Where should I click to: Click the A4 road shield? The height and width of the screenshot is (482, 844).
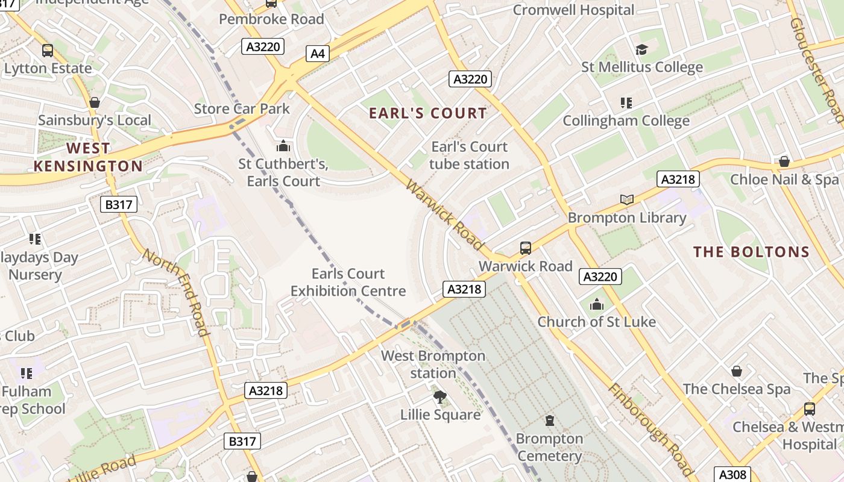[x=318, y=54]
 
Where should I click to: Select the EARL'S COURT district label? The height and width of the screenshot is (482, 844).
[x=427, y=113]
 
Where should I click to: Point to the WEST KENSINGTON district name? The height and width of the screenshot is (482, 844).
[x=88, y=157]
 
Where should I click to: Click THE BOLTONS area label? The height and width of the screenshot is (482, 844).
[x=751, y=252]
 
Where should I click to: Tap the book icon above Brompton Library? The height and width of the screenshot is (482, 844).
[x=627, y=199]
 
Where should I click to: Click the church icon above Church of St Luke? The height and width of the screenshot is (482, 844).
[x=597, y=304]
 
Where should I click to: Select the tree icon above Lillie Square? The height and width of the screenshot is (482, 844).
[x=440, y=396]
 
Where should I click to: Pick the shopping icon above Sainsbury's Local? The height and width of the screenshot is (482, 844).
[x=95, y=102]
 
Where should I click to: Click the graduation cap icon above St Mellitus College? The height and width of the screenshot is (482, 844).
[x=641, y=49]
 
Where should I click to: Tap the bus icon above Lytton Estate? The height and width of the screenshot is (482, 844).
[x=47, y=51]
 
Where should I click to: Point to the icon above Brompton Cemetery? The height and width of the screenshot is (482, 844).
[x=549, y=420]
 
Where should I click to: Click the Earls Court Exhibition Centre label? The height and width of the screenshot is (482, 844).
[x=348, y=283]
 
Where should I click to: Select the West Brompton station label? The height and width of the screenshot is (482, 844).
[x=433, y=365]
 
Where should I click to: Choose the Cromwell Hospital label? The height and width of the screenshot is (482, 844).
[x=573, y=10]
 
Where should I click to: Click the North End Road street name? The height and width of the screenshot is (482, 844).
[x=175, y=292]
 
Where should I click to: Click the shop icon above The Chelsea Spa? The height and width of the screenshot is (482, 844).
[x=736, y=371]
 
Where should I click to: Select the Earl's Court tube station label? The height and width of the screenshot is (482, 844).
[x=469, y=155]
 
